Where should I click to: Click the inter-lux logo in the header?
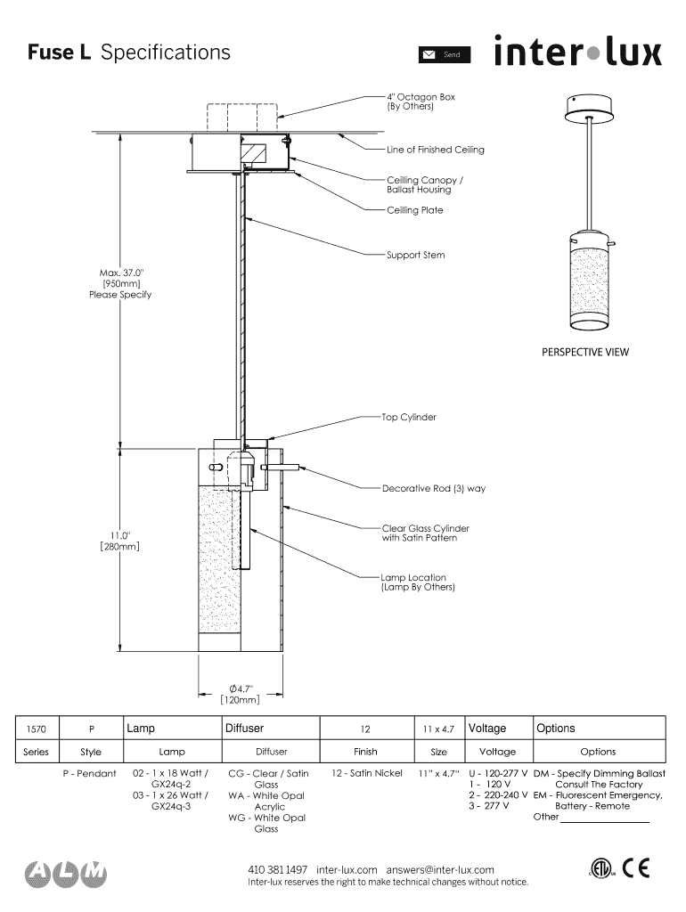(x=578, y=51)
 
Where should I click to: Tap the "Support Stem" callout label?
(x=415, y=256)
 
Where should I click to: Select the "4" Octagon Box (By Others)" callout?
(x=421, y=102)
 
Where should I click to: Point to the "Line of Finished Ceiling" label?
(x=436, y=150)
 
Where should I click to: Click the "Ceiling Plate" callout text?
(x=414, y=210)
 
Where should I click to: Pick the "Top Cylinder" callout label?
(x=409, y=417)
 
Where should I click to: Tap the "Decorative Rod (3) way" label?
(x=434, y=488)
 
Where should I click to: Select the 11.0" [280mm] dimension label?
(x=120, y=541)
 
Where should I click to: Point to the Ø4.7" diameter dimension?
(x=240, y=688)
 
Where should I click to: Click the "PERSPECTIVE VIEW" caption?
(x=585, y=352)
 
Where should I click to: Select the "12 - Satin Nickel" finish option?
(x=366, y=773)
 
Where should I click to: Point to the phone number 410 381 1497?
(x=277, y=869)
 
